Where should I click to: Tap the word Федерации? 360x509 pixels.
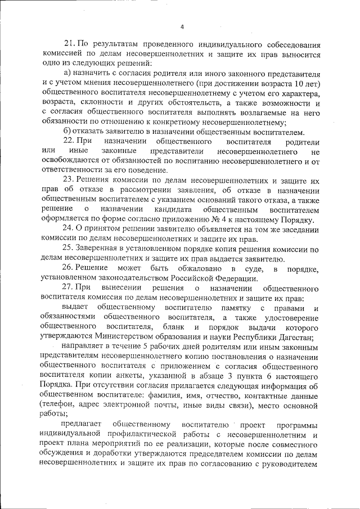pos(235,278)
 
